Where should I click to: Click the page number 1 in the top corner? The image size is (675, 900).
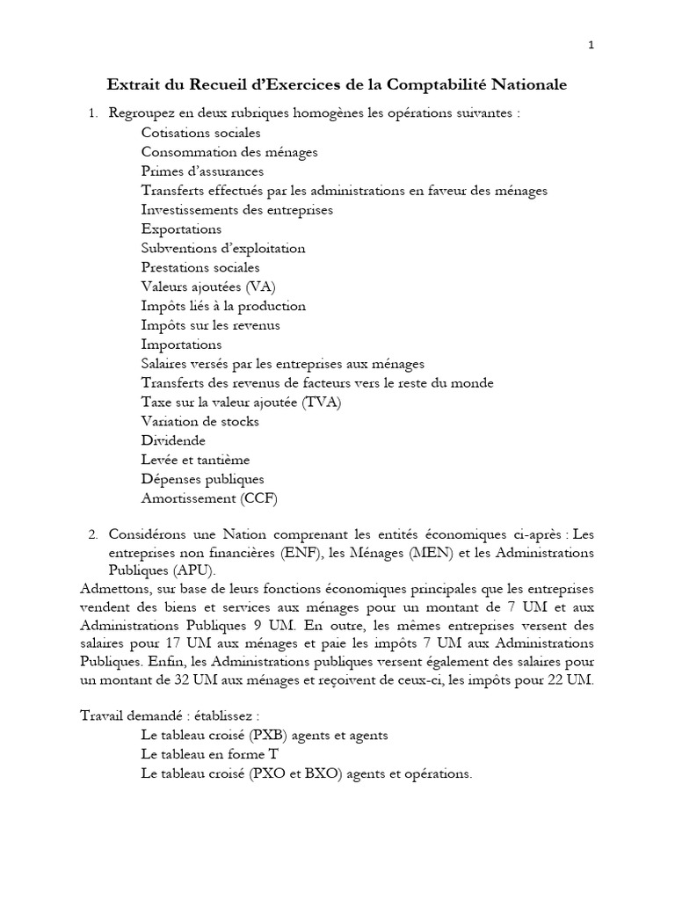click(592, 47)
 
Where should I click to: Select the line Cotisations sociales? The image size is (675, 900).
click(200, 133)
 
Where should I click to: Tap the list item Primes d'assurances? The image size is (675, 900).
click(202, 171)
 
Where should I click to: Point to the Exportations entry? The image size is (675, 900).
click(181, 229)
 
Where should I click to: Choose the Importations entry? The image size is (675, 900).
click(181, 345)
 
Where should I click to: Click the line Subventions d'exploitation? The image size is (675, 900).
click(223, 249)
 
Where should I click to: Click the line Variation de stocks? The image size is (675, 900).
click(200, 421)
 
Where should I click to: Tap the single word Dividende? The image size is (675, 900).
click(173, 440)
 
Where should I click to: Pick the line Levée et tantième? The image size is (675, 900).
click(195, 460)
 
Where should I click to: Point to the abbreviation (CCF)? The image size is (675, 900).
click(258, 498)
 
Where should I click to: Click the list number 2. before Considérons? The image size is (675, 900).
click(93, 533)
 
